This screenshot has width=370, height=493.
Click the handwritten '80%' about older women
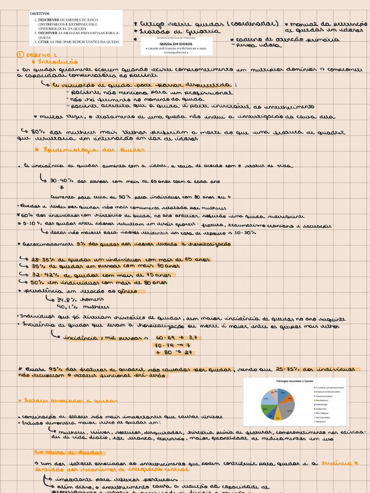[38, 131]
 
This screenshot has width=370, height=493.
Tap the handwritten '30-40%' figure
[60, 182]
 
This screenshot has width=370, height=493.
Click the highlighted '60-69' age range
[164, 337]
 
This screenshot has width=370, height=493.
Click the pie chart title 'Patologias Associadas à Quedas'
[294, 381]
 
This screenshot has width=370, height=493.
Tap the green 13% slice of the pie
[264, 408]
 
